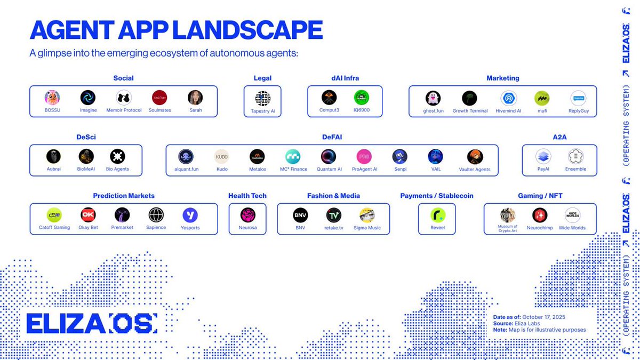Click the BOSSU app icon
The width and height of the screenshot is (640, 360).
52,98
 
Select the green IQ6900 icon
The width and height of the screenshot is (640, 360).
361,98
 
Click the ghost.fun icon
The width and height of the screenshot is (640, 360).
433,98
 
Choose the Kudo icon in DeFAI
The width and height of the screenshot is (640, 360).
222,156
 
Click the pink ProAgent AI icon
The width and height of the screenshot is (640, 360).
364,156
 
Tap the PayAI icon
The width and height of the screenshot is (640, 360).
543,156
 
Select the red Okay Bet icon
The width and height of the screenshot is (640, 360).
89,215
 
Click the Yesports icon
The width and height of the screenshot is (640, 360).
190,215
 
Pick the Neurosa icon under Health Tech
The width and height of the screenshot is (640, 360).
247,215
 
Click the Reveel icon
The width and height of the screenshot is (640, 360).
438,215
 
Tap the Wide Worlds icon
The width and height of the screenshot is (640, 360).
572,215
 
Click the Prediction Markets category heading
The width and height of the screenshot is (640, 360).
124,196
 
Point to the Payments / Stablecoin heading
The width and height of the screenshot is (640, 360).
436,196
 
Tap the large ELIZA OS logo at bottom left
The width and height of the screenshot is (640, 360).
91,324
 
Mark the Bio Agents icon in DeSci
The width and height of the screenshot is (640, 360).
117,156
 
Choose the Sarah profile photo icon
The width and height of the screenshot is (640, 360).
195,98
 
